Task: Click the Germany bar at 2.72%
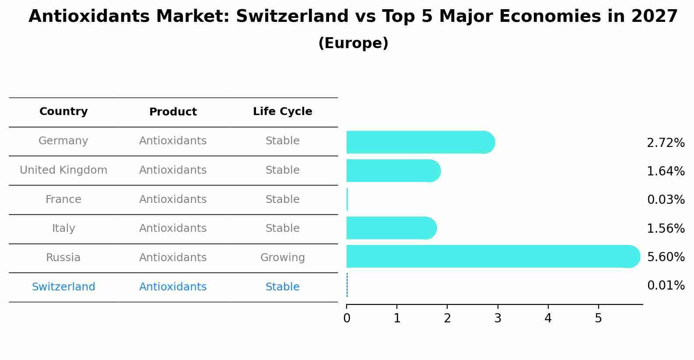tap(420, 142)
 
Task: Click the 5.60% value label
tap(666, 257)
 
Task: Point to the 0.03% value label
tap(666, 200)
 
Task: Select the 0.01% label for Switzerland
tap(666, 286)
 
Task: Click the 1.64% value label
tap(666, 171)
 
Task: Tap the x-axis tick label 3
tap(498, 318)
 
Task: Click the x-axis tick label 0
tap(347, 318)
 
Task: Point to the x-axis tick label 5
tap(598, 318)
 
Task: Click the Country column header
tap(63, 112)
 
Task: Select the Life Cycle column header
tap(282, 112)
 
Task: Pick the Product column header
tap(173, 112)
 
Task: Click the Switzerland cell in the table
tap(63, 287)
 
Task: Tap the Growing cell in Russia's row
tap(282, 258)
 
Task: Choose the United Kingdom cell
tap(63, 170)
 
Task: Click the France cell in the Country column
tap(63, 199)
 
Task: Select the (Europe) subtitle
tap(353, 43)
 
